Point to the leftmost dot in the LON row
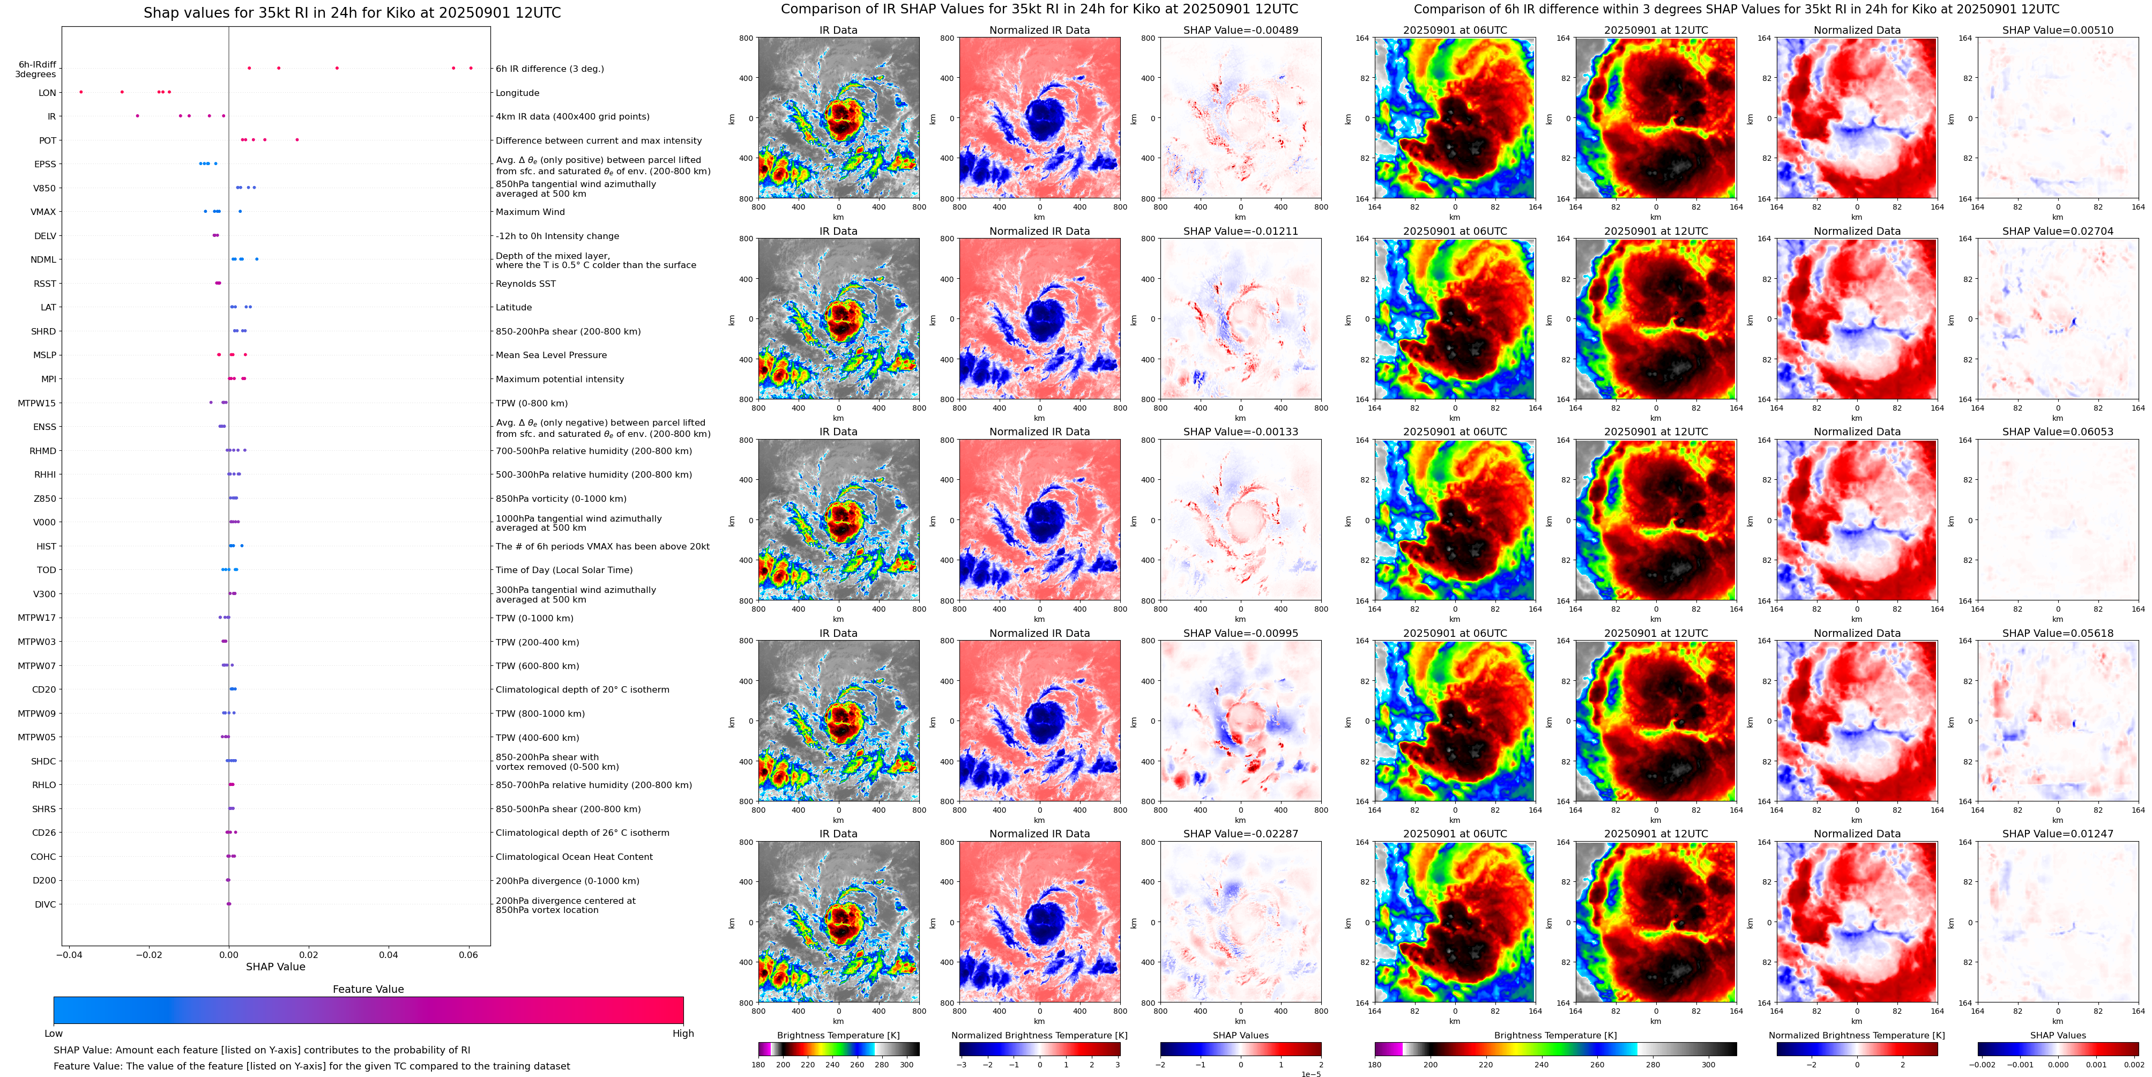coord(81,92)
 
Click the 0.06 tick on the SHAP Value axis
coord(468,954)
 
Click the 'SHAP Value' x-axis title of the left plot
coord(275,967)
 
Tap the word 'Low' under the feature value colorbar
coord(54,1034)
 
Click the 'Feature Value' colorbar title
coord(368,989)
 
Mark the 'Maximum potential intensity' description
coord(560,380)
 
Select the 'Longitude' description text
coord(517,93)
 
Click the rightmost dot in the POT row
coord(296,139)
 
